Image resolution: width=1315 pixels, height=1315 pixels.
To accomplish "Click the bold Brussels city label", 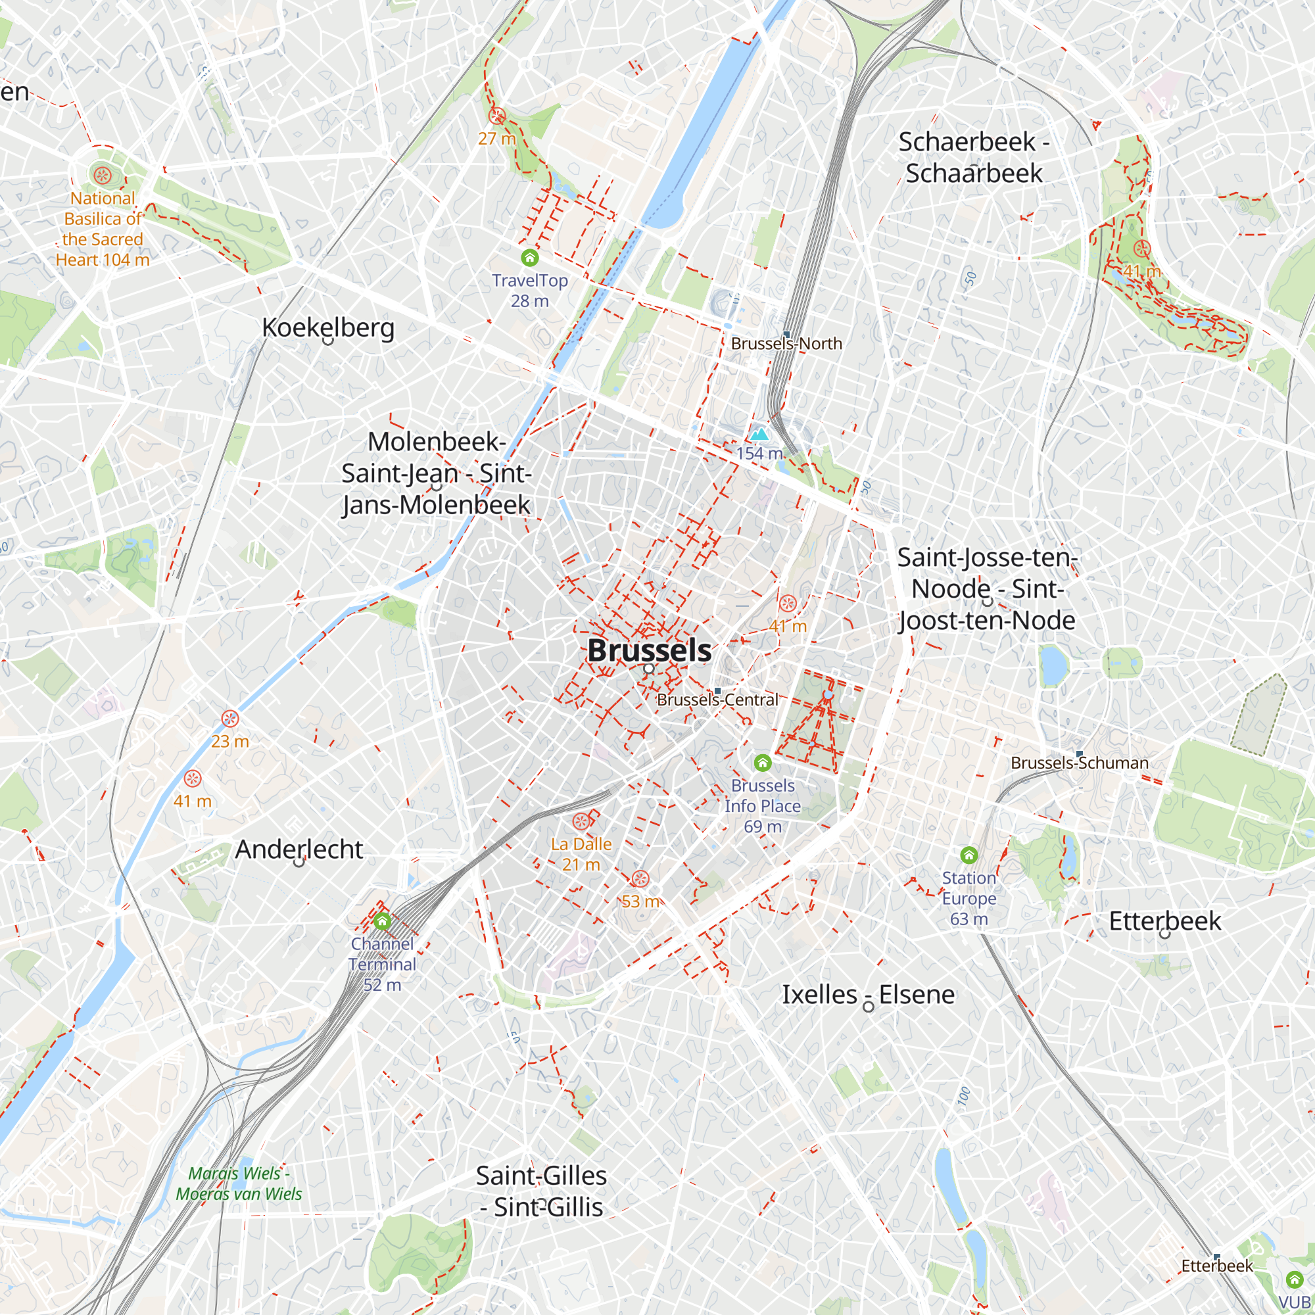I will (649, 650).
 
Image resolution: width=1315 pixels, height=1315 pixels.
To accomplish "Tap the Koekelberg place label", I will (328, 327).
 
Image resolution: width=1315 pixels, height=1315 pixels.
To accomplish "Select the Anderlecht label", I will (299, 849).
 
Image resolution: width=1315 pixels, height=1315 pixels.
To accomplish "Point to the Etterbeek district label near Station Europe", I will (1164, 921).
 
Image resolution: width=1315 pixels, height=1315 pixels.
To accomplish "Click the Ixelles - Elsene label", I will (868, 994).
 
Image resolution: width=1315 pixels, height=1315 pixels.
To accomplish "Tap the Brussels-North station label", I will (786, 344).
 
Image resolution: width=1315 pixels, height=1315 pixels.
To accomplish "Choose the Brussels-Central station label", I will (717, 700).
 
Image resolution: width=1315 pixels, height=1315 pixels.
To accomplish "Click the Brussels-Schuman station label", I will (1080, 763).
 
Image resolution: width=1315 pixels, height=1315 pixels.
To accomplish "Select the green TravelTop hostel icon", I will (529, 257).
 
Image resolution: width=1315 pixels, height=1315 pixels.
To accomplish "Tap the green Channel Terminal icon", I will (382, 922).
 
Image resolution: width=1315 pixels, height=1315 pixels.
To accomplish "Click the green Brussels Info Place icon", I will (762, 762).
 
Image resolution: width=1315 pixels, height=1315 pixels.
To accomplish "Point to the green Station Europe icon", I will (968, 855).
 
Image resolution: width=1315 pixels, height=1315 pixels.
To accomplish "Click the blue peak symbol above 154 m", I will (759, 434).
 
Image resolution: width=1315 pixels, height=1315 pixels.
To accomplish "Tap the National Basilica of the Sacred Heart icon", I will (102, 175).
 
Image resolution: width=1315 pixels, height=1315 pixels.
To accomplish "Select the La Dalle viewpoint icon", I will (581, 821).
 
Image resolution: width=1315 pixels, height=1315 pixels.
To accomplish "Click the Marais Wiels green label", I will (239, 1183).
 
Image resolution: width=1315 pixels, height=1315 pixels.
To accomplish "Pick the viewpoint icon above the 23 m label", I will (230, 719).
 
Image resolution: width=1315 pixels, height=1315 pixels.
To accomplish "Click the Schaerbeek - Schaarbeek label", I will (973, 157).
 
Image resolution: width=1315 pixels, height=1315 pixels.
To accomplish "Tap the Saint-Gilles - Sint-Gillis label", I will (541, 1191).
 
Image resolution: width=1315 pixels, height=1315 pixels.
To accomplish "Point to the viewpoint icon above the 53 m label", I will (640, 878).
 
